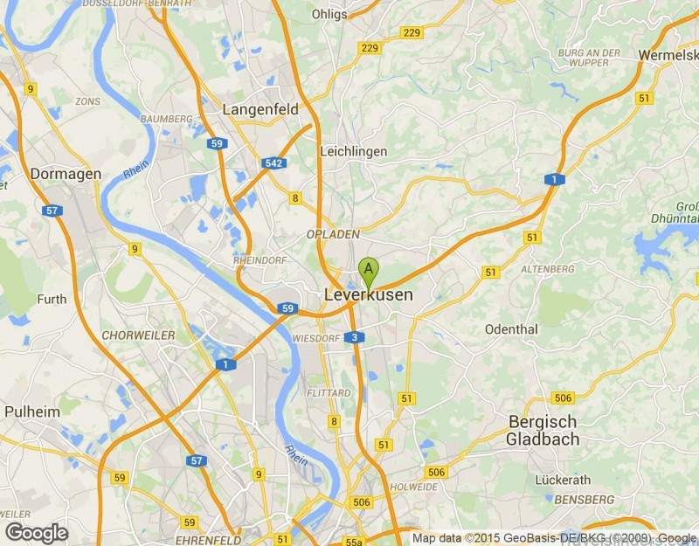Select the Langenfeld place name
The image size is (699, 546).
[260, 110]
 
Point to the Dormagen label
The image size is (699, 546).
[66, 174]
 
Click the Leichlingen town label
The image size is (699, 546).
[353, 151]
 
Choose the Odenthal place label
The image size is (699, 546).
[511, 329]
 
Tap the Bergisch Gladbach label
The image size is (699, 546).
[542, 431]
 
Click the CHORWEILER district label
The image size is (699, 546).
[138, 335]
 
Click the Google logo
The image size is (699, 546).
[37, 532]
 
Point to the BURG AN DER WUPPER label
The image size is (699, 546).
[589, 59]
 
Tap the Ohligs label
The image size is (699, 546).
[329, 14]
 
